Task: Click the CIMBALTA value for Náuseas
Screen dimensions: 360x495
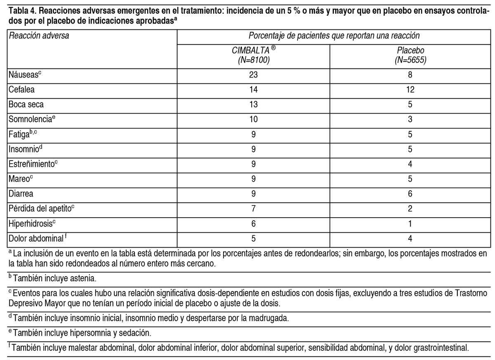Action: [253, 75]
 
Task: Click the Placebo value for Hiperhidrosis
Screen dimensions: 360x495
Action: [410, 224]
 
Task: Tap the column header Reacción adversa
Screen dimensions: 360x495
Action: [38, 36]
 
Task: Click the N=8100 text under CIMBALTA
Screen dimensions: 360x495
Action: [253, 60]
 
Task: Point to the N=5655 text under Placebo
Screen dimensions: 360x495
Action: [410, 60]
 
